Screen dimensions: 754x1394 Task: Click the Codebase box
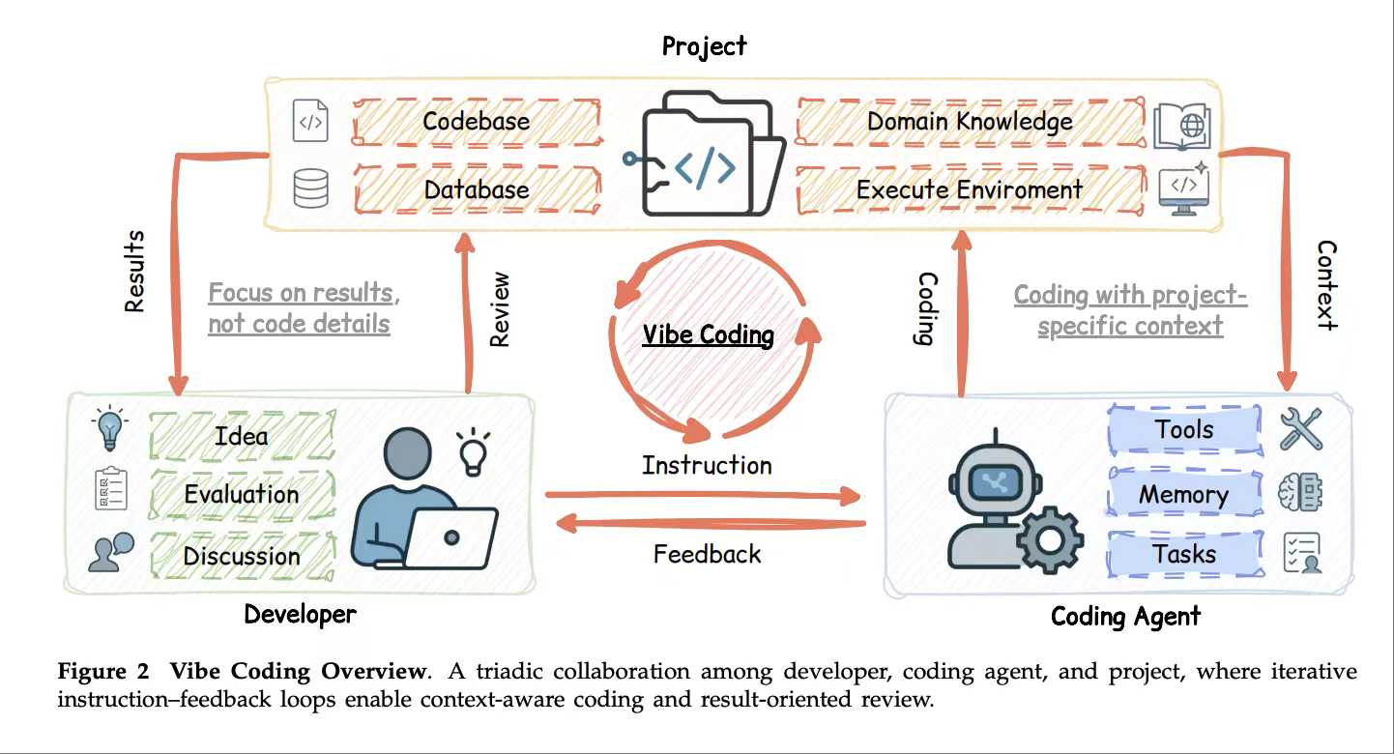(x=476, y=122)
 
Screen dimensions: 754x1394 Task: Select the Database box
(x=476, y=188)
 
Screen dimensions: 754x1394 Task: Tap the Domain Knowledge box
(x=969, y=122)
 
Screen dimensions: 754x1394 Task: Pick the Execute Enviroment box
(x=969, y=188)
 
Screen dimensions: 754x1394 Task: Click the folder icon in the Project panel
(x=704, y=155)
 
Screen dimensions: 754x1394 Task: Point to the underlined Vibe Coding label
(x=709, y=335)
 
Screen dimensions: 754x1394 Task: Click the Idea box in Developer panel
(x=241, y=436)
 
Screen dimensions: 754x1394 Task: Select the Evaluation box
(x=241, y=495)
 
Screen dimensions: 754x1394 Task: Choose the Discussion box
(x=241, y=556)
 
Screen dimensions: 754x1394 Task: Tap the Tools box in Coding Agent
(x=1183, y=429)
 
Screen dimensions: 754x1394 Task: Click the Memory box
(x=1183, y=495)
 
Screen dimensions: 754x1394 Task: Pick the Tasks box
(x=1183, y=555)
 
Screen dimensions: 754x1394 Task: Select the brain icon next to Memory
(x=1299, y=493)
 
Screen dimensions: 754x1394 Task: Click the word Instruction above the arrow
(x=707, y=465)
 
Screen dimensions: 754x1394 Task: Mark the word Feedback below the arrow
(x=707, y=554)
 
